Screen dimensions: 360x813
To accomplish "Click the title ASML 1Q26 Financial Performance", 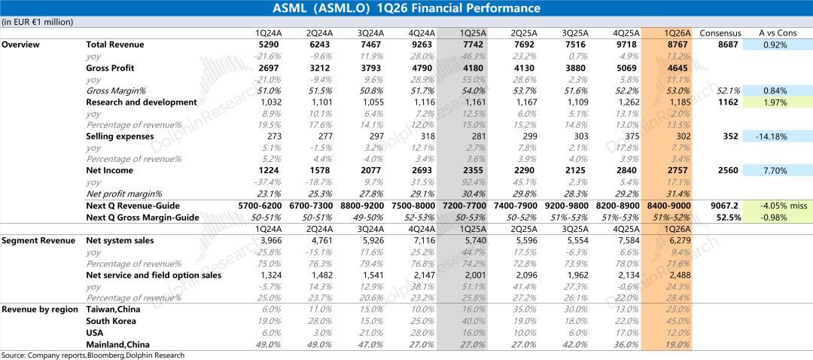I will coord(406,8).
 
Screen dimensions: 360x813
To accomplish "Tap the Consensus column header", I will coord(720,33).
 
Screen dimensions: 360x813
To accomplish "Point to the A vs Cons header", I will coord(777,33).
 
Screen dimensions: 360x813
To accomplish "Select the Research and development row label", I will coord(141,102).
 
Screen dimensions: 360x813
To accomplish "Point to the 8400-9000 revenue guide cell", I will coord(668,206).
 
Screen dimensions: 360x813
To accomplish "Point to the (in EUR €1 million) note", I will coord(38,22).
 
